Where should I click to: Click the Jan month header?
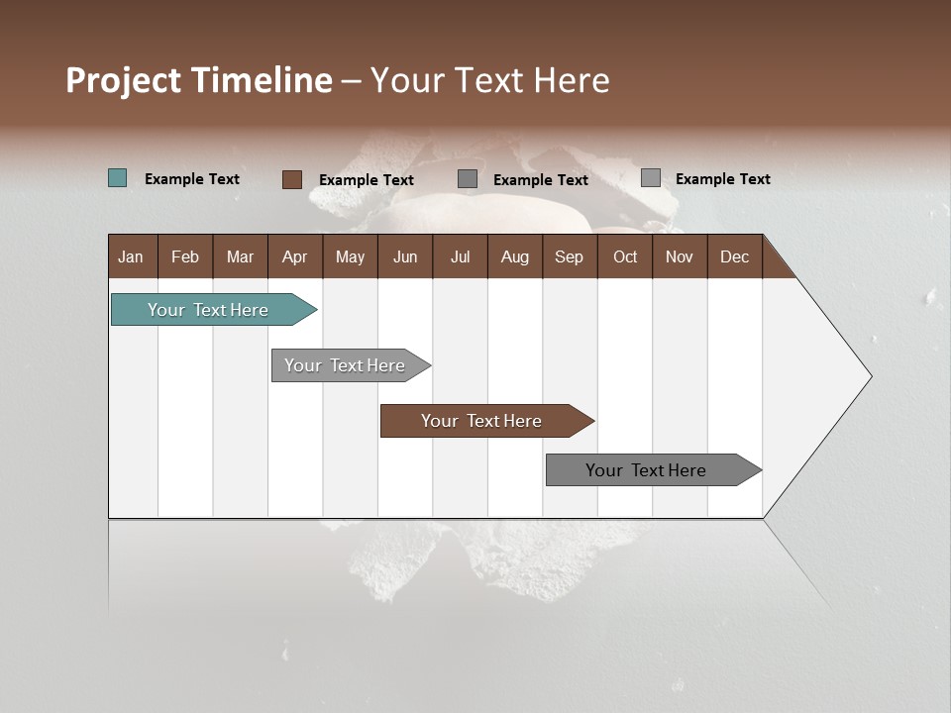pyautogui.click(x=132, y=256)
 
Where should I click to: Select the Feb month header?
pyautogui.click(x=185, y=256)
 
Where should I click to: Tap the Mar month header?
pyautogui.click(x=240, y=256)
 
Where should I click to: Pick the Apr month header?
pyautogui.click(x=295, y=256)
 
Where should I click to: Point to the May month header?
pyautogui.click(x=350, y=256)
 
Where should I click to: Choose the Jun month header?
pyautogui.click(x=405, y=256)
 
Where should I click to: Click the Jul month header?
pyautogui.click(x=460, y=256)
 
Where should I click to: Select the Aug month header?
pyautogui.click(x=515, y=256)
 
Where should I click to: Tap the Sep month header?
pyautogui.click(x=570, y=256)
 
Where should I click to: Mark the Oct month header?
pyautogui.click(x=625, y=256)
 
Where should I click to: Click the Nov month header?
pyautogui.click(x=680, y=256)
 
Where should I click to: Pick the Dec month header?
pyautogui.click(x=735, y=256)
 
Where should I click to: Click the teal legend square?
pyautogui.click(x=118, y=178)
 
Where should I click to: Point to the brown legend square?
pyautogui.click(x=292, y=179)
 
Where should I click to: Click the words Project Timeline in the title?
pyautogui.click(x=199, y=80)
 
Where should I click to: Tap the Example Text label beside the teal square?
pyautogui.click(x=192, y=179)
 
